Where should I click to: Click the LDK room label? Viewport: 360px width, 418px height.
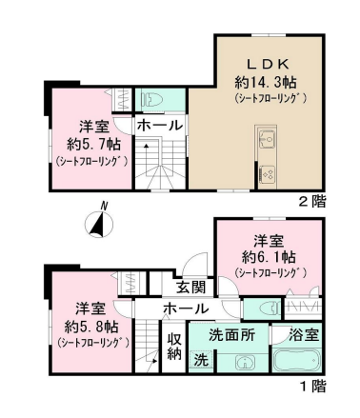269,65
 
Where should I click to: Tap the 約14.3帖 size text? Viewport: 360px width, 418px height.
266,83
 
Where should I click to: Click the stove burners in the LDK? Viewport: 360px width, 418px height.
268,173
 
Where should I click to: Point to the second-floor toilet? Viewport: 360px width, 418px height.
153,99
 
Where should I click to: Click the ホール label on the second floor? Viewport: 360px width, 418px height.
159,126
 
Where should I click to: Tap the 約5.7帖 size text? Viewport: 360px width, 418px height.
93,145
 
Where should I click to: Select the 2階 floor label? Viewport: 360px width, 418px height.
312,201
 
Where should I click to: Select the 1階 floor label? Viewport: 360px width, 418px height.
312,387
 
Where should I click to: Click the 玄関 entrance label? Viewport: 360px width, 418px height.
191,288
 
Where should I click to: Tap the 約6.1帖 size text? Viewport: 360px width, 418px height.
269,257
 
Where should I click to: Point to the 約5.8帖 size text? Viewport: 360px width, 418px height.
91,326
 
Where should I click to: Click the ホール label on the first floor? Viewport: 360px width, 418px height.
186,309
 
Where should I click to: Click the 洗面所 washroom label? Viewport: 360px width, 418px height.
231,335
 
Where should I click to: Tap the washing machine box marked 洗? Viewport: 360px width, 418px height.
201,361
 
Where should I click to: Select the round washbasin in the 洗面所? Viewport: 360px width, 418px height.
245,362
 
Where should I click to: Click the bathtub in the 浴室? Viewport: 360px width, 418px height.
296,360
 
